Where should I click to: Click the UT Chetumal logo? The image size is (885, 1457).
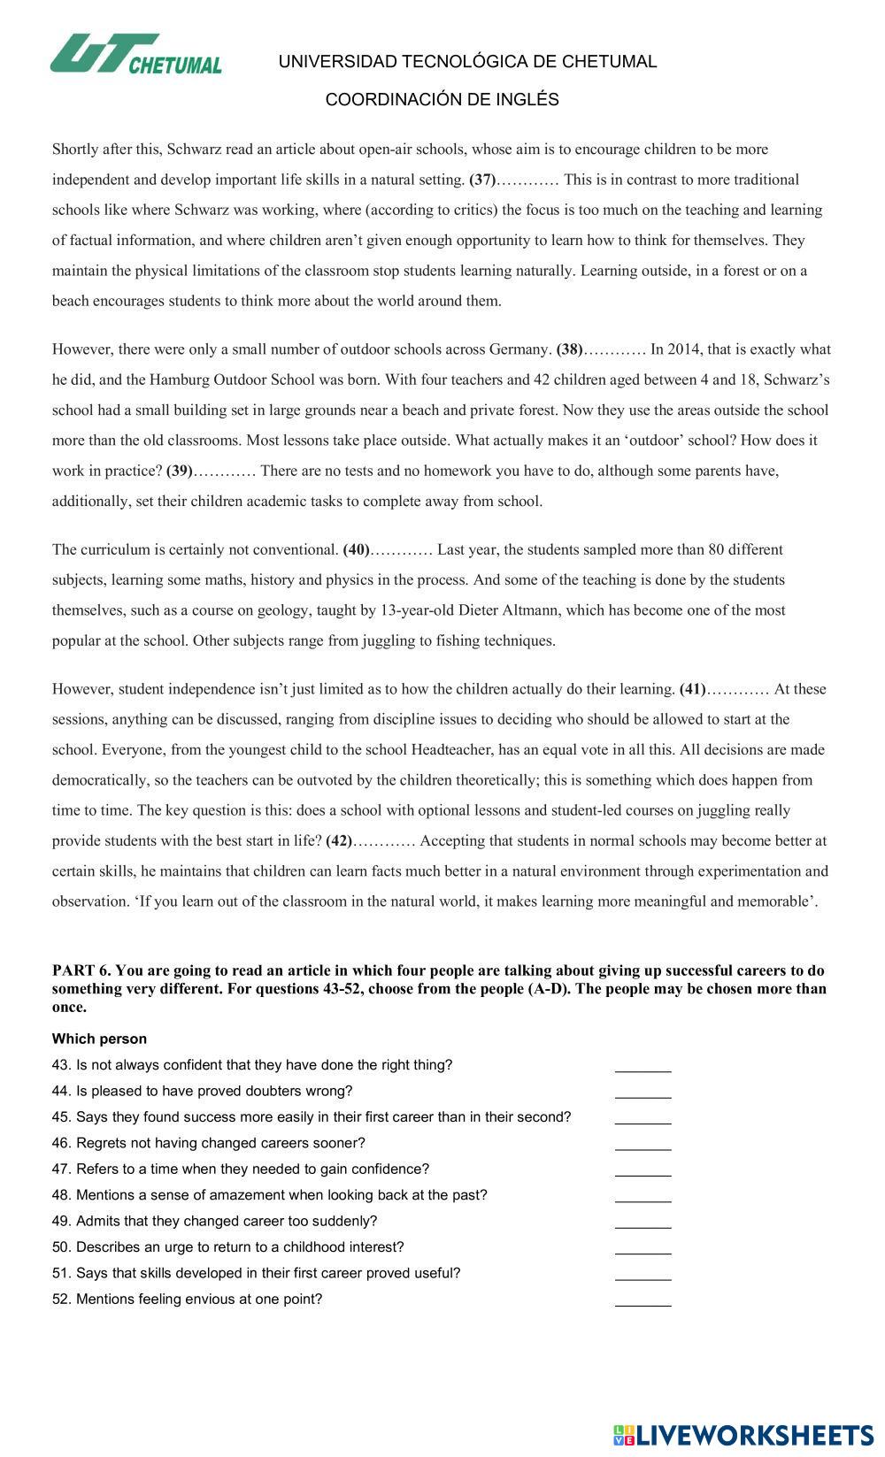tap(135, 55)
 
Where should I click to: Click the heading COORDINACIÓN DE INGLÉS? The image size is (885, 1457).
tap(442, 100)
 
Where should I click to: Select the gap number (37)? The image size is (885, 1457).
tap(482, 180)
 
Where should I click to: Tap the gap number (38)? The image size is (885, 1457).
tap(570, 349)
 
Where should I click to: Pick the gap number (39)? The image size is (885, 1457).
tap(180, 471)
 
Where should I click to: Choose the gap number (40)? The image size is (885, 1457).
tap(356, 549)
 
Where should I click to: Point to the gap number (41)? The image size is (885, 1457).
tap(692, 689)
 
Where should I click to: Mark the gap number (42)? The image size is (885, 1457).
tap(339, 840)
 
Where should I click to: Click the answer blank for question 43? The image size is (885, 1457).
tap(643, 1065)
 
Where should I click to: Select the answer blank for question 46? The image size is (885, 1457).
tap(643, 1143)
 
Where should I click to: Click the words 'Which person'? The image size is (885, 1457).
tap(99, 1039)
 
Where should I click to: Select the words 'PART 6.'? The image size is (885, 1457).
tap(82, 970)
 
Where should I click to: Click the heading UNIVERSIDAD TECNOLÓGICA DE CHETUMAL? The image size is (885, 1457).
tap(467, 62)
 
